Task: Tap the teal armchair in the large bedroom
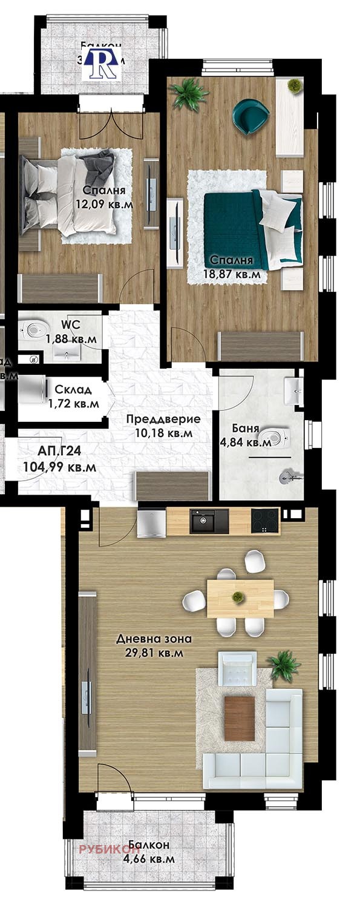[x=250, y=116]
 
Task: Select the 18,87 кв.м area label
[x=235, y=274]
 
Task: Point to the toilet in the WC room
[x=34, y=329]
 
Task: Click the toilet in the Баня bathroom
[x=278, y=437]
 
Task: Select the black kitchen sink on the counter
[x=209, y=521]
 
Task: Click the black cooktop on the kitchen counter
[x=264, y=521]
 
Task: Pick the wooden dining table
[x=240, y=598]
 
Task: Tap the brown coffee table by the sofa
[x=240, y=719]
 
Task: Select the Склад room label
[x=73, y=389]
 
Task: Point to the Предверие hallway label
[x=163, y=419]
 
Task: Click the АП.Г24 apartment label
[x=51, y=450]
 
